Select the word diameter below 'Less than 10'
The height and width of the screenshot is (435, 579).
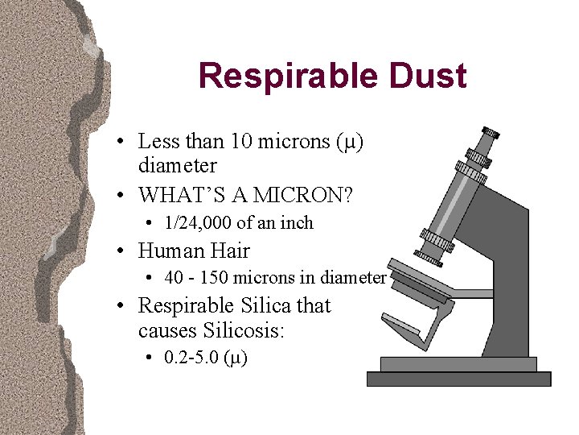pos(177,166)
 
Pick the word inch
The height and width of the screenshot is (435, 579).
pos(297,222)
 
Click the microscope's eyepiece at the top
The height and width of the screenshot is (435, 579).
pos(488,133)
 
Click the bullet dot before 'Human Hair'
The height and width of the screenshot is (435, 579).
pos(118,251)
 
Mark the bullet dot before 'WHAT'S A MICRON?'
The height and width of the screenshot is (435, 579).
pos(118,195)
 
